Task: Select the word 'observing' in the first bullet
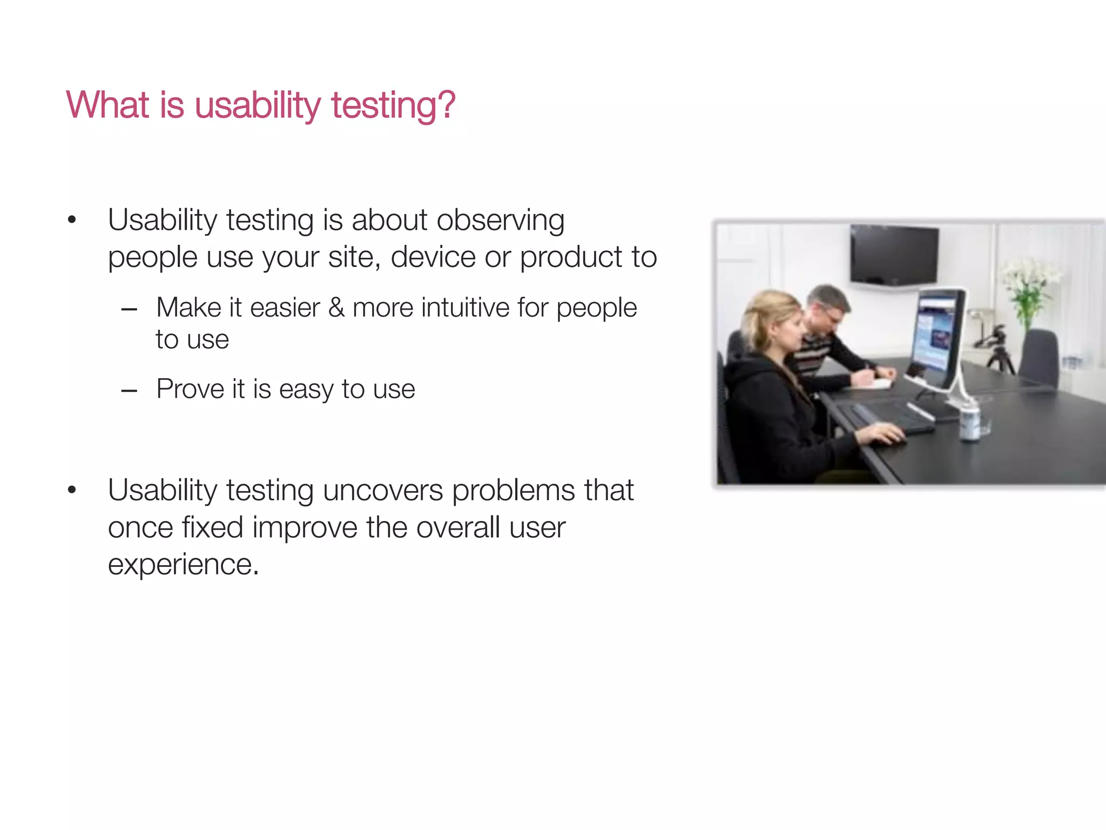point(500,220)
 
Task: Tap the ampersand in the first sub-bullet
point(336,308)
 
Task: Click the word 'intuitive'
point(465,308)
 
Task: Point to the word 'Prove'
point(189,389)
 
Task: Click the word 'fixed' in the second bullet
point(212,527)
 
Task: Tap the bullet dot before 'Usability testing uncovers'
point(72,491)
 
